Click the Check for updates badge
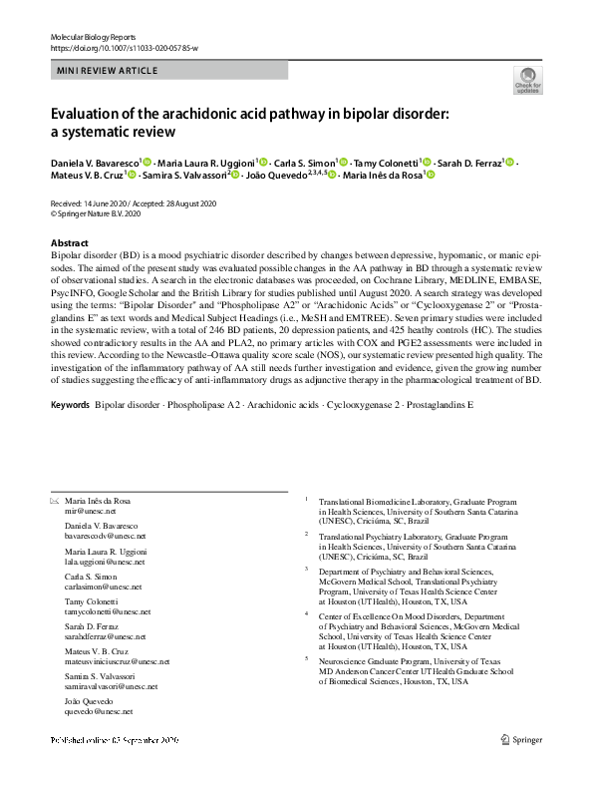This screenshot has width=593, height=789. (x=526, y=80)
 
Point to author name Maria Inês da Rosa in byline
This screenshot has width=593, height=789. (x=383, y=175)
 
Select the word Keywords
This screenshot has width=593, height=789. (x=70, y=407)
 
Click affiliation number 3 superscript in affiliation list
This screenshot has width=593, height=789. (x=307, y=567)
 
